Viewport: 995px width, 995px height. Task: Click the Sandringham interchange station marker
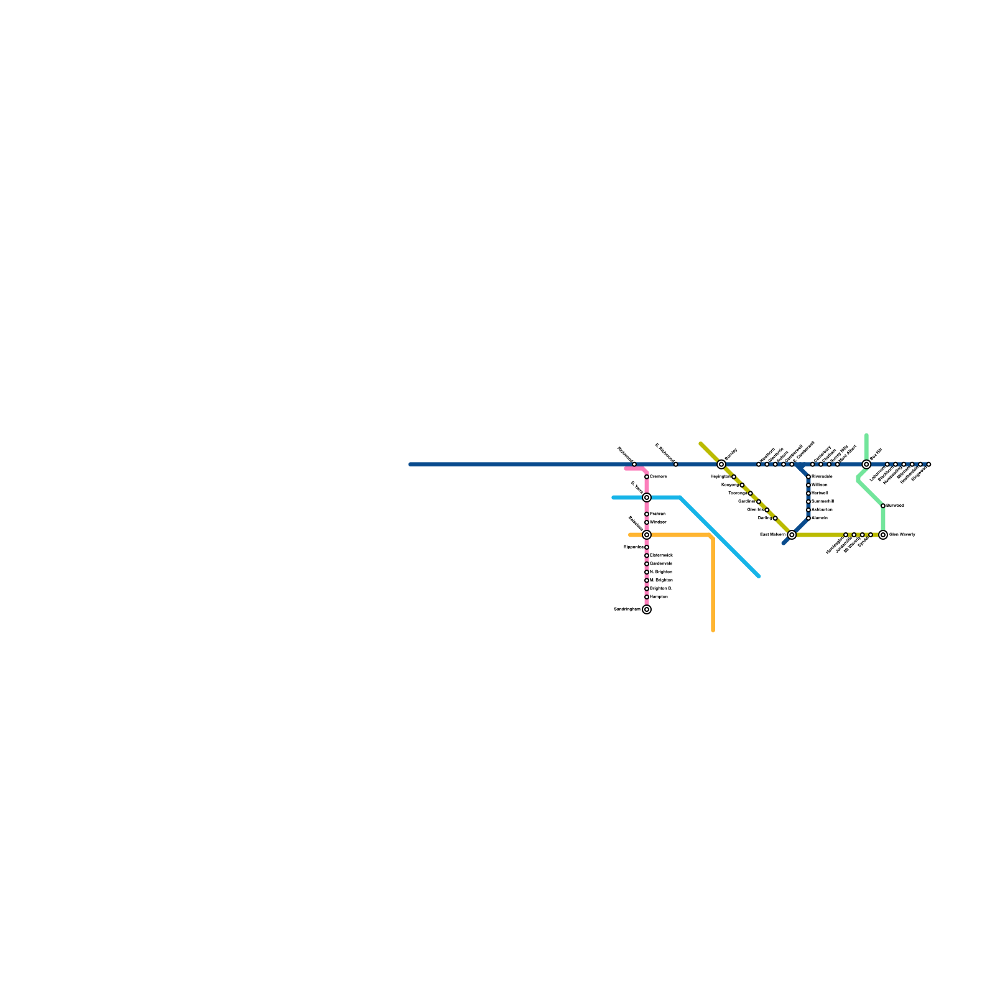[647, 609]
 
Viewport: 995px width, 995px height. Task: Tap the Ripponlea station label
[632, 547]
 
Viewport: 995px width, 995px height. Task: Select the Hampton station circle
[647, 597]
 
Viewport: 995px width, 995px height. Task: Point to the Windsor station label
[658, 522]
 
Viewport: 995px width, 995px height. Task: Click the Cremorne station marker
[647, 477]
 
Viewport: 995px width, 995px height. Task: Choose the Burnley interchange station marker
[721, 465]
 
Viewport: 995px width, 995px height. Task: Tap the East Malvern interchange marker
[792, 535]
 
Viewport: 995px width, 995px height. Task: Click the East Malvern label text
[772, 535]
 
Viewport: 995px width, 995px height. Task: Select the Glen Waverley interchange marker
[883, 535]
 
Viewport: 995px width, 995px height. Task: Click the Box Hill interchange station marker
[866, 465]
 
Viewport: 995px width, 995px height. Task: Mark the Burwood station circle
[883, 506]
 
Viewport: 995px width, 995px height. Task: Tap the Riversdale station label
[822, 477]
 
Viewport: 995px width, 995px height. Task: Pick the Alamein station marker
[808, 518]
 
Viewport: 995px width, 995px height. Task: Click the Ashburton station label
[822, 510]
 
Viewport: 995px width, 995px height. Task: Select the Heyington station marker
[734, 477]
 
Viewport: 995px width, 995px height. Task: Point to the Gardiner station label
[746, 501]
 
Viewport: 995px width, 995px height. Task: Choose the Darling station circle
[775, 518]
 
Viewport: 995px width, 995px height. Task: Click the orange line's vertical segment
[713, 585]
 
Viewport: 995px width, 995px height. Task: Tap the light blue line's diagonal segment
[721, 539]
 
